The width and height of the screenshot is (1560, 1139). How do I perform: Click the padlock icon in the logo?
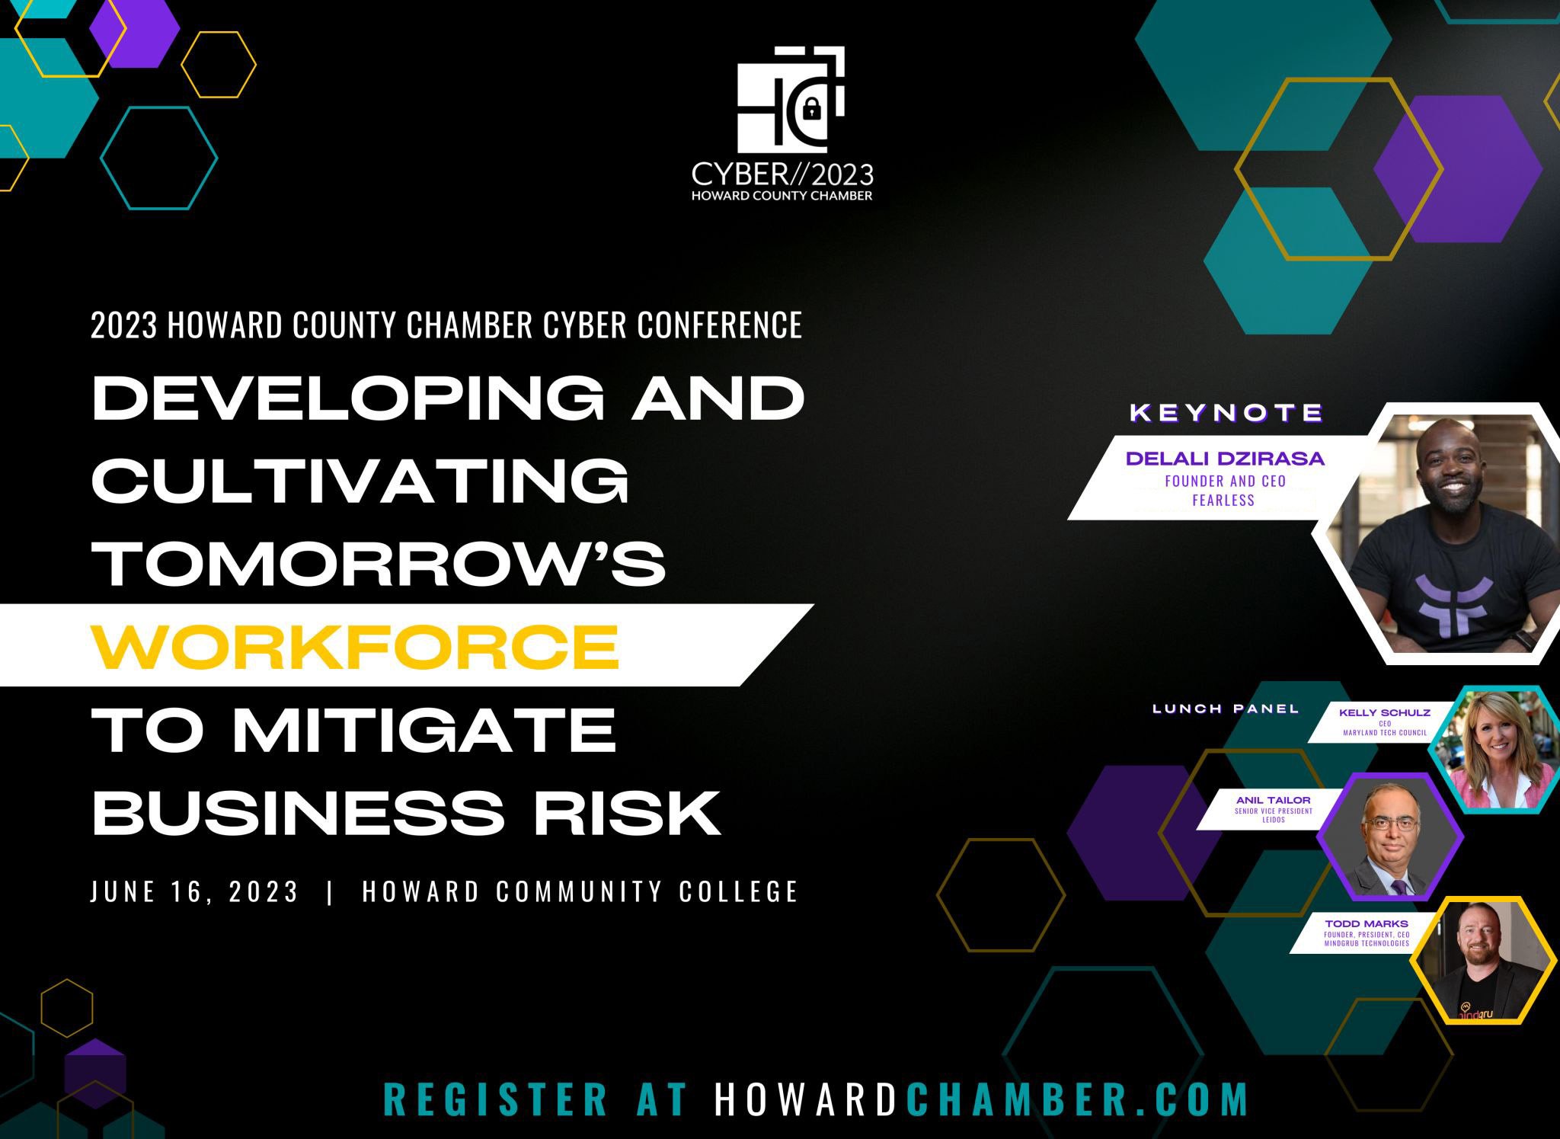pos(811,110)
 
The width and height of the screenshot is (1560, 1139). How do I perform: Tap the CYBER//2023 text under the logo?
pos(782,175)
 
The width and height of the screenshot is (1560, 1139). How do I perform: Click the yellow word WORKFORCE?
pos(355,646)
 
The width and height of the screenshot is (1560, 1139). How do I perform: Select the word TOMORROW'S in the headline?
pos(379,564)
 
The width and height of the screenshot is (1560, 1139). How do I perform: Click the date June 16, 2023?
pos(194,891)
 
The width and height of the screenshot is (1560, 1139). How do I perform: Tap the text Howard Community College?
pos(580,891)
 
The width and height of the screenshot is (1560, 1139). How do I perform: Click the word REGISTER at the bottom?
pos(496,1099)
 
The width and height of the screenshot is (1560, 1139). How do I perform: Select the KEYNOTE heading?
pos(1226,413)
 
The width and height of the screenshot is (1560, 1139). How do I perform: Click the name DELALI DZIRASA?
pos(1225,459)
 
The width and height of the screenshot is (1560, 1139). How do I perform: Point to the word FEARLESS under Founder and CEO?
pos(1223,501)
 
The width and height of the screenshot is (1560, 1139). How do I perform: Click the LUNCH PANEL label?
pos(1226,709)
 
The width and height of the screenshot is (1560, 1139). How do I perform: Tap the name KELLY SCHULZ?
pos(1385,713)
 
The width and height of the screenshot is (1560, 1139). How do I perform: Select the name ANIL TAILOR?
pos(1274,800)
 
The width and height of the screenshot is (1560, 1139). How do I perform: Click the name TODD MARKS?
pos(1367,924)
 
